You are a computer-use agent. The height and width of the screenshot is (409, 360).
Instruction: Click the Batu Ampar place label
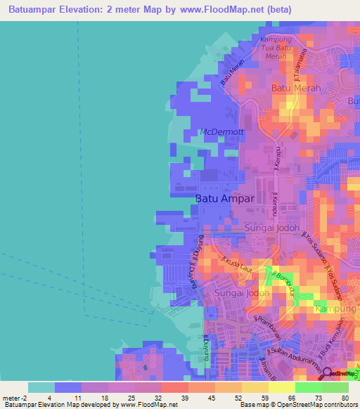point(224,200)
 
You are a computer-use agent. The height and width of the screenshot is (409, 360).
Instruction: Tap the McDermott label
point(222,132)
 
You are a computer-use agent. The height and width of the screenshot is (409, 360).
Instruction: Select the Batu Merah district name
point(296,89)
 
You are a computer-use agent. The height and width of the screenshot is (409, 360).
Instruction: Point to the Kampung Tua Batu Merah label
point(281,48)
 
